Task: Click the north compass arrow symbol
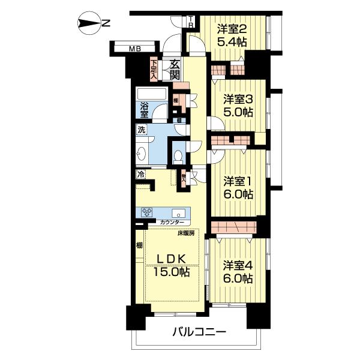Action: point(90,24)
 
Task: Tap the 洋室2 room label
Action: point(232,29)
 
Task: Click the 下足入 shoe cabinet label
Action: point(154,69)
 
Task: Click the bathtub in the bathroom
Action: point(153,95)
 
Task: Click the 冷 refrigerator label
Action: point(140,175)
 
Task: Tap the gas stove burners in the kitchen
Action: point(148,212)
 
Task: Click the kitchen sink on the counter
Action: point(178,212)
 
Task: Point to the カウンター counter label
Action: point(172,223)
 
